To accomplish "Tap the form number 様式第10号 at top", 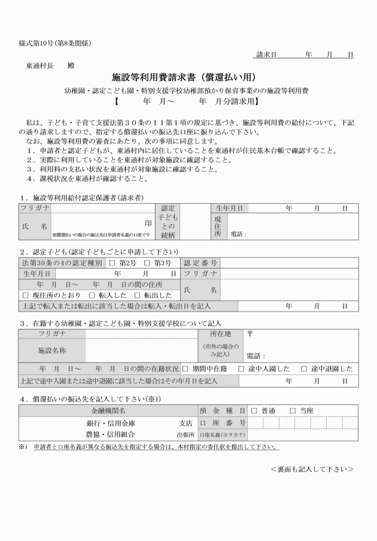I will point(38,43).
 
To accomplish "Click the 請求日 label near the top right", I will point(266,55).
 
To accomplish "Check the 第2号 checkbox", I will point(112,263).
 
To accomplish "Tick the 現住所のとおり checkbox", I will point(25,295).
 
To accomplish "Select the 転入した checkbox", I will point(92,295).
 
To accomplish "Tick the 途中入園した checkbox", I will point(241,368).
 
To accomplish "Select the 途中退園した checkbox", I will point(303,368).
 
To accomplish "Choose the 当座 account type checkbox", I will point(293,411).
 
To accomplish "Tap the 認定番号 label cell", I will point(200,263).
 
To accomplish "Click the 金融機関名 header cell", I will point(108,411).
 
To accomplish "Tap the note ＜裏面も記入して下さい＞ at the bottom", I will point(311,469).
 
